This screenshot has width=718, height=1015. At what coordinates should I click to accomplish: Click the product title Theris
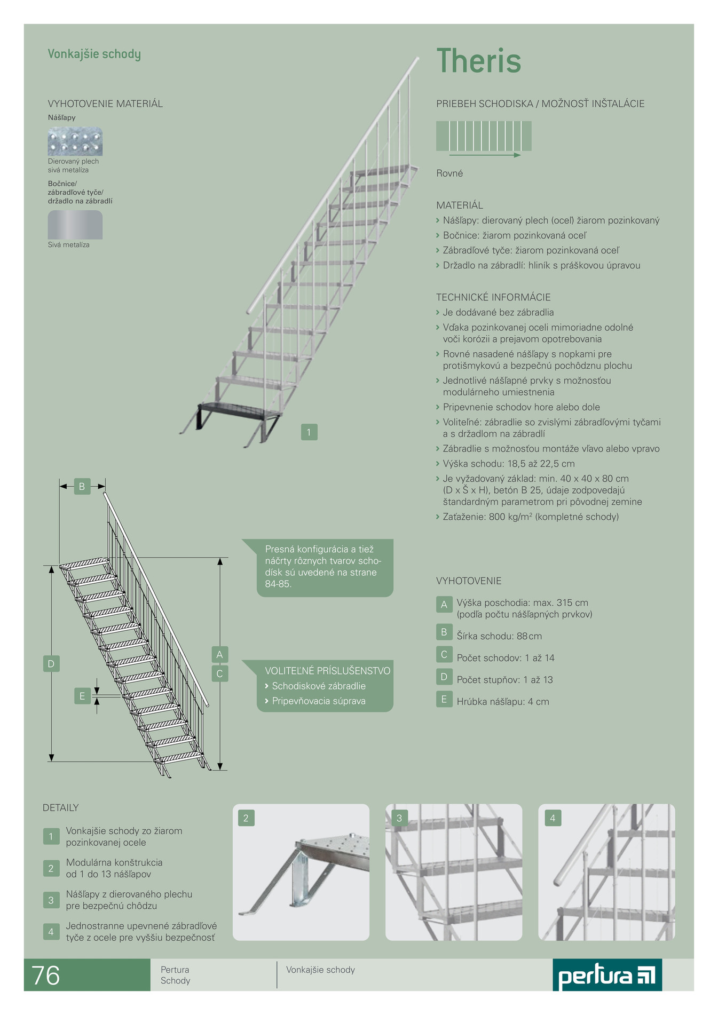click(478, 60)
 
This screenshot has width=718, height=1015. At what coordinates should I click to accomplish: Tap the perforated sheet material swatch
click(75, 141)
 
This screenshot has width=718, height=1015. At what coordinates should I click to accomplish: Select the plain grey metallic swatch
click(75, 225)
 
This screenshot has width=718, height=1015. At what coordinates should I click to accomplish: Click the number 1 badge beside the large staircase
click(309, 432)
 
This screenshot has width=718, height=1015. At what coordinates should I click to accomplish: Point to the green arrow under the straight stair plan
click(485, 155)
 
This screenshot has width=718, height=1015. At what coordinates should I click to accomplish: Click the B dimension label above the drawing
click(82, 486)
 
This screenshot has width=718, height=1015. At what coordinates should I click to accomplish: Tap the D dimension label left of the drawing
click(51, 664)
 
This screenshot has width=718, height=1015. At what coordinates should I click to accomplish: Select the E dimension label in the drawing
click(82, 696)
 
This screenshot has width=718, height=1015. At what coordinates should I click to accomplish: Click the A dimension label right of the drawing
click(219, 654)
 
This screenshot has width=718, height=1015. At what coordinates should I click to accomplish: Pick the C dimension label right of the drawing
click(219, 673)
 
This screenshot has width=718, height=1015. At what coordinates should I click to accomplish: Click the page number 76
click(46, 976)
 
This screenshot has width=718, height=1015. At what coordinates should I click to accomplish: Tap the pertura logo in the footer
click(607, 975)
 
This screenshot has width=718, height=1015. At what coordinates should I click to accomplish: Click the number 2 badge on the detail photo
click(246, 818)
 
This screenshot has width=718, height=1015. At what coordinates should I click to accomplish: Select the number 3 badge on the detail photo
click(399, 818)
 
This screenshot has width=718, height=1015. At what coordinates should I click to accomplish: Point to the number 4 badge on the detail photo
click(553, 818)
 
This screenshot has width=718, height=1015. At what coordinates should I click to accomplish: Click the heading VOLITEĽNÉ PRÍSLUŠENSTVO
click(328, 671)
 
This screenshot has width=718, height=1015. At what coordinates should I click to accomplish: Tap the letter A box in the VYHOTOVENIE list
click(444, 604)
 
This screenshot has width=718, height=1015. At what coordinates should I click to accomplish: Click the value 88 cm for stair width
click(529, 636)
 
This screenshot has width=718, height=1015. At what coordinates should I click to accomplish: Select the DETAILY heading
click(61, 807)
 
